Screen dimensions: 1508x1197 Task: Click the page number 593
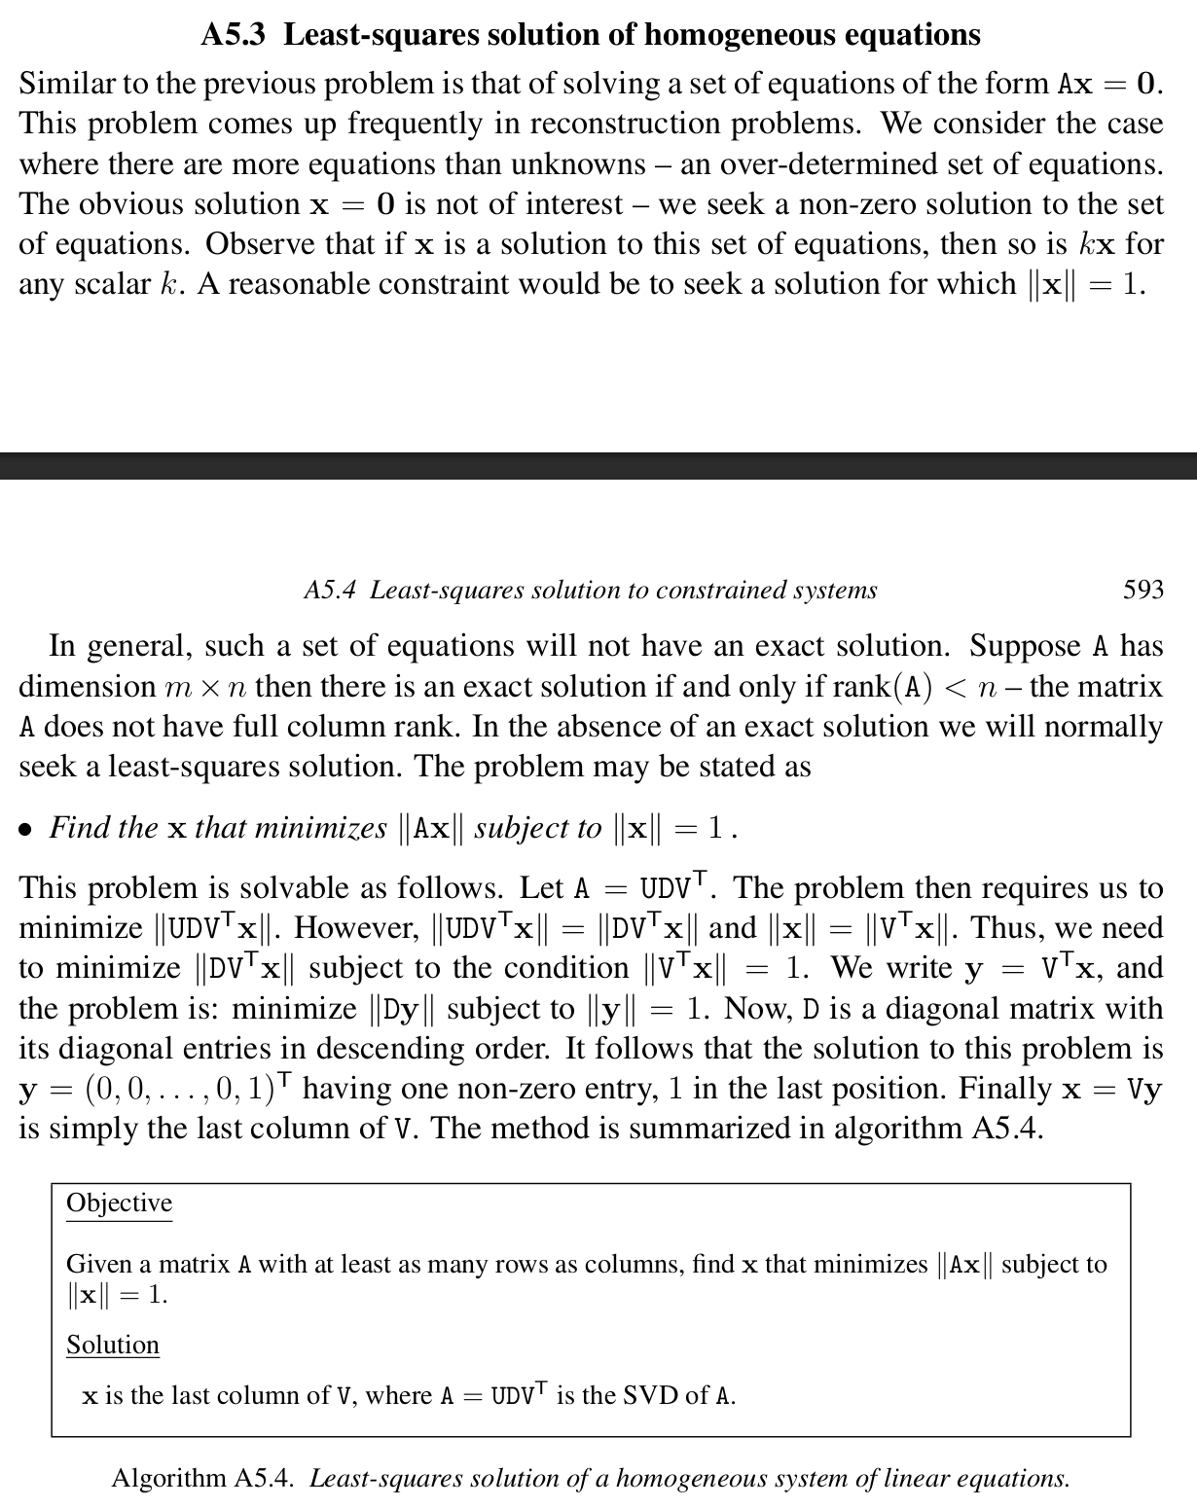(1143, 590)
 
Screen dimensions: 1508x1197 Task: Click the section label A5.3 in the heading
(237, 35)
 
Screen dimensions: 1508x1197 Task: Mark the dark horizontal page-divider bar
(598, 466)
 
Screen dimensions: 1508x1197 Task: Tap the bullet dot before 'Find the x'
(26, 830)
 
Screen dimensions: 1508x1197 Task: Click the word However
(356, 928)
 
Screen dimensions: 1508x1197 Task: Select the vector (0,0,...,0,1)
(184, 1089)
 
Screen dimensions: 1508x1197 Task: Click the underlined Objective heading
(119, 1203)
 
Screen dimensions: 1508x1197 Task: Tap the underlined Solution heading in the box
(112, 1345)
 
